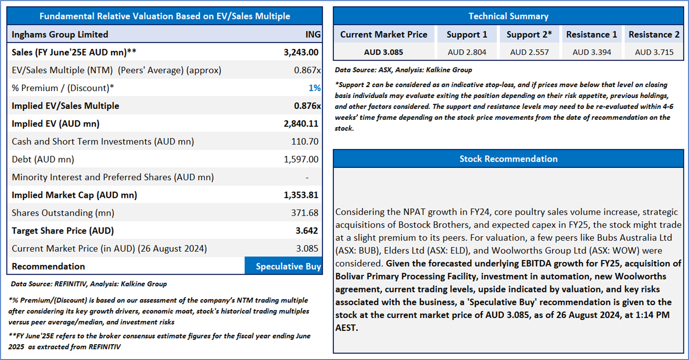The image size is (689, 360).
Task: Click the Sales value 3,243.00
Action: (x=301, y=52)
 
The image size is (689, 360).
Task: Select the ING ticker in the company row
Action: (x=312, y=34)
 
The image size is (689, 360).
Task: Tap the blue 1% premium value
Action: (x=314, y=88)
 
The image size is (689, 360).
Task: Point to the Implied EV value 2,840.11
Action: (x=301, y=124)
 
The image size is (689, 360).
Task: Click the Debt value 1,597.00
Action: (x=301, y=160)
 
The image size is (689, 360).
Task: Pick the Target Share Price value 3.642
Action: (x=306, y=231)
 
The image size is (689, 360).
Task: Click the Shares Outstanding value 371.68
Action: (x=305, y=213)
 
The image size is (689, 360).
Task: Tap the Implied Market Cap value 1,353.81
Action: (x=301, y=195)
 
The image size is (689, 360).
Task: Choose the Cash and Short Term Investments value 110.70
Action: (x=305, y=142)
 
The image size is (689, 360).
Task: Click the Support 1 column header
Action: (x=467, y=34)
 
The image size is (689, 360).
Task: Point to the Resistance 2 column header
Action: (x=654, y=34)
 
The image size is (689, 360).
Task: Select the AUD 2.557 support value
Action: (x=529, y=52)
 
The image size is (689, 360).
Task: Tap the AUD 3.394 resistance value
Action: (x=591, y=52)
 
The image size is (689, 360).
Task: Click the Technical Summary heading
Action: (x=508, y=16)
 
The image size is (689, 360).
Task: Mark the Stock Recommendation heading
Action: (x=508, y=159)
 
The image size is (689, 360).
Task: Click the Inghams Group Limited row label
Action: (x=60, y=34)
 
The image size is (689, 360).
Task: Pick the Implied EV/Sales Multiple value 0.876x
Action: (x=307, y=106)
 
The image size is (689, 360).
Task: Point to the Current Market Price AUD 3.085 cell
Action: (x=384, y=52)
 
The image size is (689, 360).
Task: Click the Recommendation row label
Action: (x=48, y=266)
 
